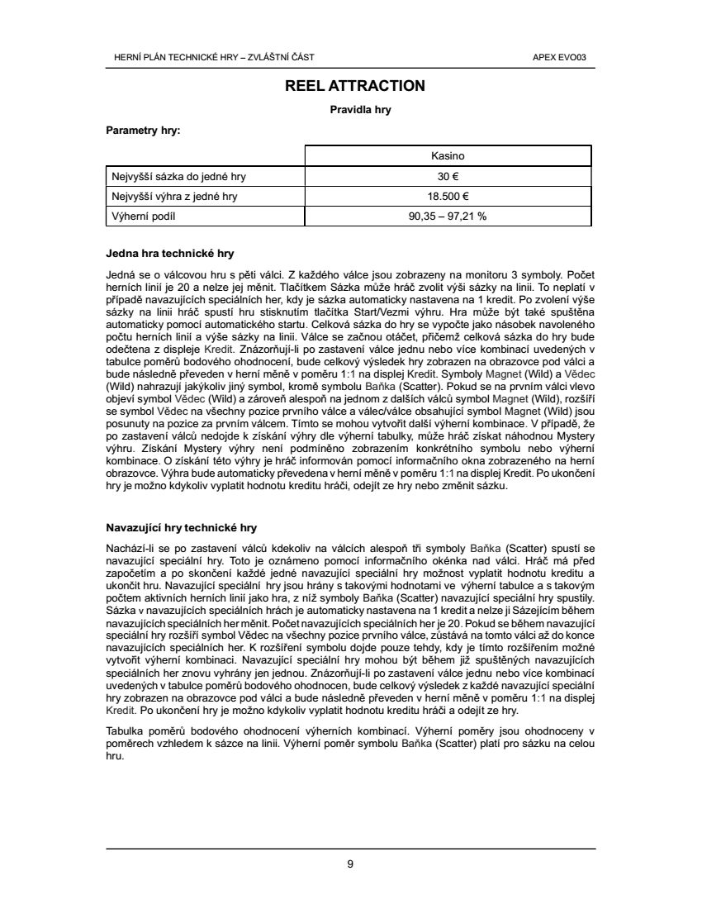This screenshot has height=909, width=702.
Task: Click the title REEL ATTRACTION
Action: point(355,86)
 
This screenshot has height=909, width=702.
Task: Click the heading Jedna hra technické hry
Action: point(171,254)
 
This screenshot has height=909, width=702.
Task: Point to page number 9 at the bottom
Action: point(350,864)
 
